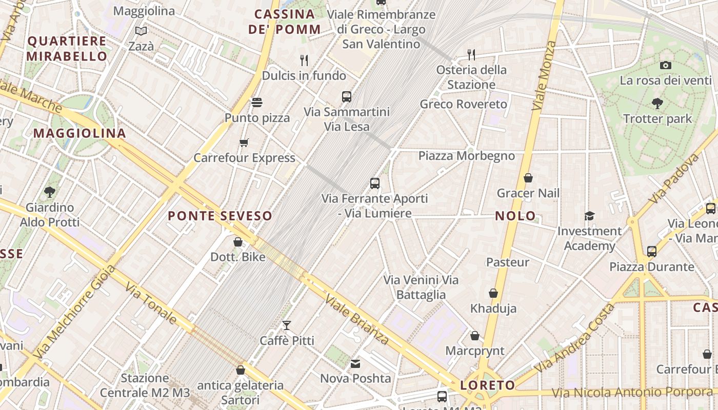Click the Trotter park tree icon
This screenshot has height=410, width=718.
point(657,104)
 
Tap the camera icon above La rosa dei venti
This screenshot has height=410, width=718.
point(665,65)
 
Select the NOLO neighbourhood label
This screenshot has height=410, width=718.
point(515,216)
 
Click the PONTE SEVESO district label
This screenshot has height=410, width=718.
point(220,216)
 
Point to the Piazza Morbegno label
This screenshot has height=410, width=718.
point(466,155)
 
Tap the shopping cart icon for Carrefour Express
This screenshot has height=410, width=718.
point(244,142)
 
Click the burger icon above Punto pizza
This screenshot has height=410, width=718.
point(257,102)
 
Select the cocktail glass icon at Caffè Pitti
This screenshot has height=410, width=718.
point(287,325)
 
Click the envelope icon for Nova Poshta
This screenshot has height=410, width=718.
point(355,364)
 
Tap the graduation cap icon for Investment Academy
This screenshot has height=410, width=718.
point(589,216)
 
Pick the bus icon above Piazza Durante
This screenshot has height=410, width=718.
point(651,252)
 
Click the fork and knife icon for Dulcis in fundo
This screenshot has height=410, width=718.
point(304,60)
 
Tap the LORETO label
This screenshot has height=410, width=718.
point(488,385)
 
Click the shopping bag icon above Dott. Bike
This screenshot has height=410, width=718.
point(238,242)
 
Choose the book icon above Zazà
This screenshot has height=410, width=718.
point(141,31)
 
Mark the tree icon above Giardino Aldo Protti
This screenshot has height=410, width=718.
point(50,192)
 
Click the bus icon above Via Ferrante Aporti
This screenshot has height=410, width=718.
point(375,183)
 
